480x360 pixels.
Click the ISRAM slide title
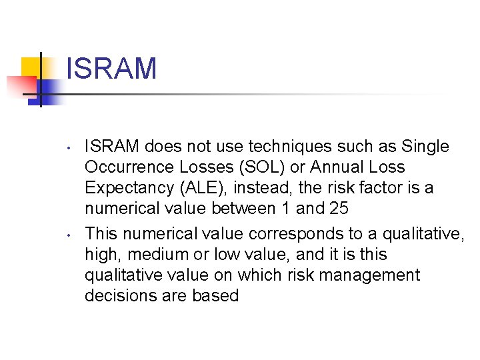point(111,69)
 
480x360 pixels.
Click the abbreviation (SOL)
point(273,167)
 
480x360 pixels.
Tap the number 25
point(339,208)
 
